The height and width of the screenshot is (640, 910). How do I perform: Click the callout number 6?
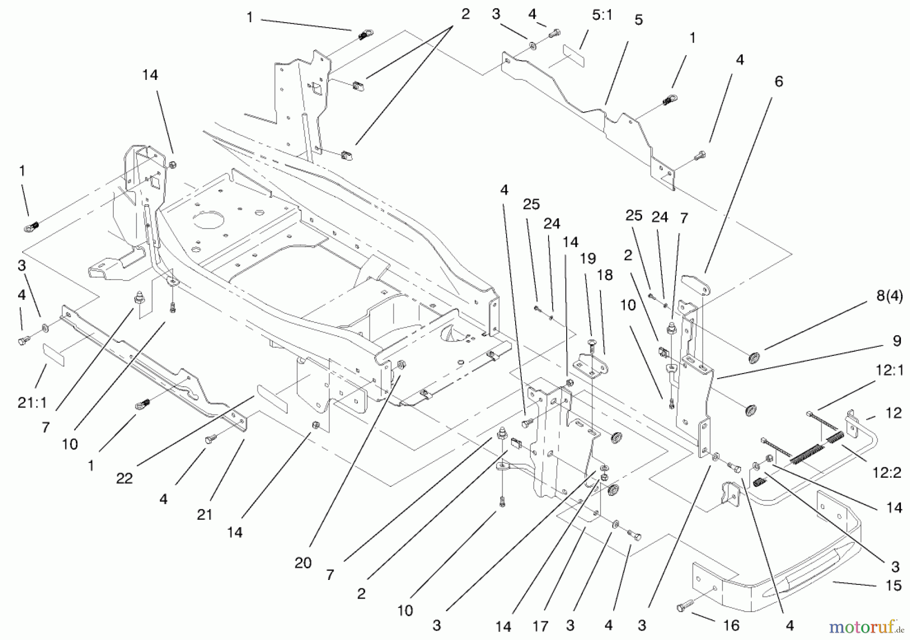[x=779, y=81]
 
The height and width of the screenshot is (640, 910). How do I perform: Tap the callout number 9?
[x=896, y=341]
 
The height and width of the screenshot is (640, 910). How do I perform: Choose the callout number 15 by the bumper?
[x=893, y=585]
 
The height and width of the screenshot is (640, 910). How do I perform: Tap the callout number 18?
[x=605, y=275]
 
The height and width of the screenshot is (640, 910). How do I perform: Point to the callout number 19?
[x=587, y=259]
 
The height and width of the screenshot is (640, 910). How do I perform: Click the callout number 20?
[x=303, y=563]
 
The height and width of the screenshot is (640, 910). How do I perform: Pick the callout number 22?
[x=124, y=478]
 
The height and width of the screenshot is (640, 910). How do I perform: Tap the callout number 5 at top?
[x=639, y=20]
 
